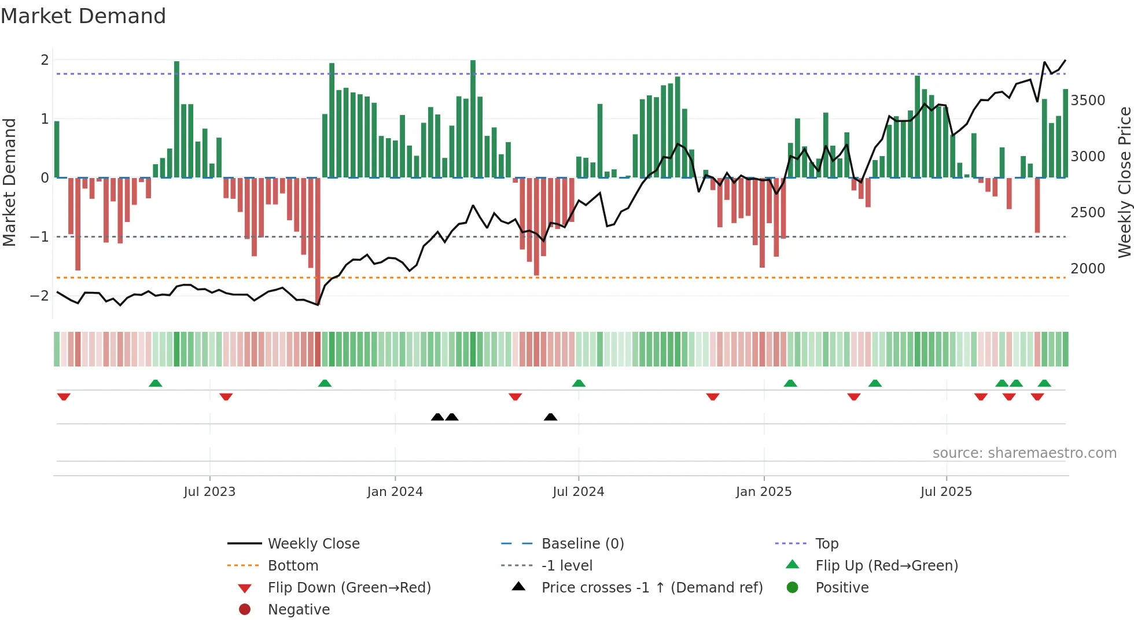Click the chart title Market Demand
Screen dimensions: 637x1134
point(83,16)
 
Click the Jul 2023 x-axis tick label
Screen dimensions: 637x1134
point(209,492)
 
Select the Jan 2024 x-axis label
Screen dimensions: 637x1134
point(395,492)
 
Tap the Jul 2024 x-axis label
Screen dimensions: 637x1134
point(578,492)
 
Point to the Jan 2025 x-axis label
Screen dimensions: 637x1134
point(764,492)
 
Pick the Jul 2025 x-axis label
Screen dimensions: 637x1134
point(946,492)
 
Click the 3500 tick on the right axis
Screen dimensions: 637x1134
point(1088,101)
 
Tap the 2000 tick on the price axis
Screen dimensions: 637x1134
point(1088,269)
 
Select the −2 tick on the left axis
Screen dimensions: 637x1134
point(40,296)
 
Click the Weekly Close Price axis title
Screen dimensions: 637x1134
point(1124,182)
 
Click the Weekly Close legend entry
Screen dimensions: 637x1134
point(313,544)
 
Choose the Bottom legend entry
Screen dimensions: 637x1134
point(293,566)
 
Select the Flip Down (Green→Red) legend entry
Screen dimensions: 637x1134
point(349,588)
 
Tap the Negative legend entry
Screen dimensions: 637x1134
point(299,610)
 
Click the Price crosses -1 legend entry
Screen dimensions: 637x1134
point(651,588)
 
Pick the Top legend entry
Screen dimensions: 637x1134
point(826,544)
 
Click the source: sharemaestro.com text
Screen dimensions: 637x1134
point(1024,453)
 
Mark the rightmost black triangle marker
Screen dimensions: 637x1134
point(551,417)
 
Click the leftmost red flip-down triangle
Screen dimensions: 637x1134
point(64,397)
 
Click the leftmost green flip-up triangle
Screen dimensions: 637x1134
point(155,383)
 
